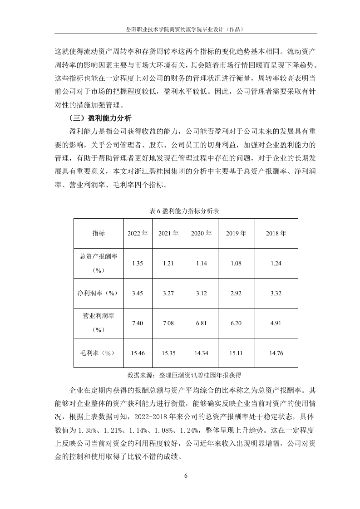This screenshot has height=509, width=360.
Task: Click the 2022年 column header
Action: [x=138, y=233]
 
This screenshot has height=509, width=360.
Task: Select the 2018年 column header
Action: [x=276, y=233]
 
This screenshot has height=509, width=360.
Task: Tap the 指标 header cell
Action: [x=99, y=233]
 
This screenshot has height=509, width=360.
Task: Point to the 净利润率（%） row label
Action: [x=99, y=293]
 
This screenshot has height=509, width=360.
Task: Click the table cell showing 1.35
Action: [x=138, y=263]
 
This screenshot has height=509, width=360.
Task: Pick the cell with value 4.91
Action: [x=276, y=323]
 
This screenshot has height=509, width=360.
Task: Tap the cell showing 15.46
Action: [x=138, y=353]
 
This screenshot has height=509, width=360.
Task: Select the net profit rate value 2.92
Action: [x=236, y=293]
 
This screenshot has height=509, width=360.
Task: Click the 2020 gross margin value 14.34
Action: [x=201, y=353]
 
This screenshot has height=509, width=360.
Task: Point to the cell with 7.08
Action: [x=168, y=323]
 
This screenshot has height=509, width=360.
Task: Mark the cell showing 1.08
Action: [x=236, y=263]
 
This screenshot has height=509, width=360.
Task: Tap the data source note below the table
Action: [x=184, y=375]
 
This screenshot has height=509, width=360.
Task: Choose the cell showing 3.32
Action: [x=276, y=293]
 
